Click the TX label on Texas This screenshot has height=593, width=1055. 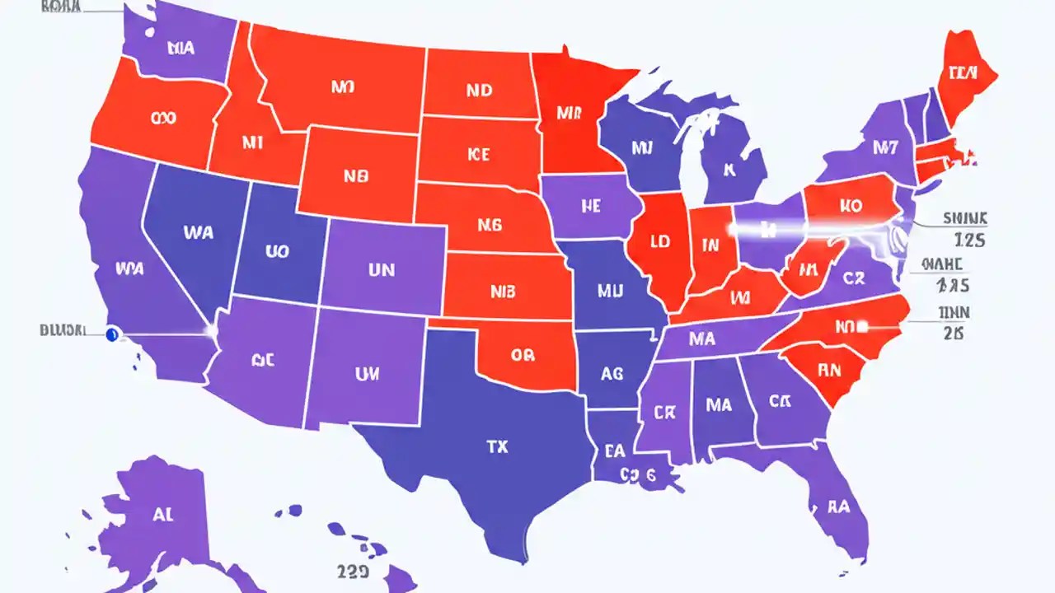[497, 447]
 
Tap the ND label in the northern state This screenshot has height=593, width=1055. [479, 90]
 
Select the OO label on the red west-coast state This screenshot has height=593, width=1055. [164, 118]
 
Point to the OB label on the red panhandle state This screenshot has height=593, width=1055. [523, 355]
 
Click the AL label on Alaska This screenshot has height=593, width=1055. [163, 515]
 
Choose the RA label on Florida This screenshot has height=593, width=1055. [838, 507]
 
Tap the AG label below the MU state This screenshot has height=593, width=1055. [612, 373]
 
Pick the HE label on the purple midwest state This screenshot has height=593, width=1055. [590, 207]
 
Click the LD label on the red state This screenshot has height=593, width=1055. [659, 244]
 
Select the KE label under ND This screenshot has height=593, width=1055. [478, 154]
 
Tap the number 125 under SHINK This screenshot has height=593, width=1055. [970, 241]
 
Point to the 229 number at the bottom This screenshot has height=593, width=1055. [352, 571]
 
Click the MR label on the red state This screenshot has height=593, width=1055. [569, 114]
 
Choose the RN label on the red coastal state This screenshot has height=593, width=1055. [828, 371]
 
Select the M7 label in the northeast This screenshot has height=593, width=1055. [885, 147]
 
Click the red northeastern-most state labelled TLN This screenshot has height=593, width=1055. [962, 73]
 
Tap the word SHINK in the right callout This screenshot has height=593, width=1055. [964, 218]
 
